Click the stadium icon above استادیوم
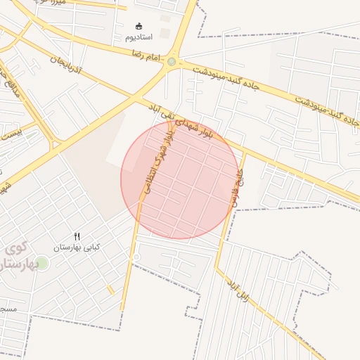[x=138, y=25]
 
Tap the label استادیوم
[x=139, y=36]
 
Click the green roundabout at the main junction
[x=172, y=63]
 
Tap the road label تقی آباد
[x=161, y=110]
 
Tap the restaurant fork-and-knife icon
[x=77, y=237]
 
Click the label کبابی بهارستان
[x=77, y=247]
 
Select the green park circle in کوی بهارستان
[x=42, y=263]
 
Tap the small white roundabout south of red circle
[x=136, y=258]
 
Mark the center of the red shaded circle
[x=180, y=179]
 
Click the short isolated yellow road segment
[x=111, y=290]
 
